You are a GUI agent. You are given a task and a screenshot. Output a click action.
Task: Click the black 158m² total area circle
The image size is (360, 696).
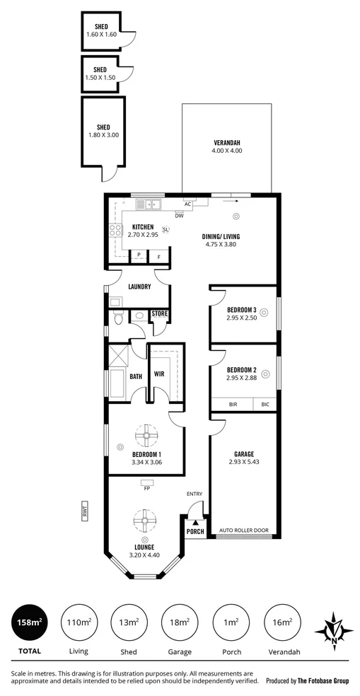coord(28,622)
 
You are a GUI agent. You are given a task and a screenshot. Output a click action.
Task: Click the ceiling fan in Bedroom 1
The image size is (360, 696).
coord(147,434)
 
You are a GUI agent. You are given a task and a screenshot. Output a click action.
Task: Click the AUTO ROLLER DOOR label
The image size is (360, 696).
coord(244,530)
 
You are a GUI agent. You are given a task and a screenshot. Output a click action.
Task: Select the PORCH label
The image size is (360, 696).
coord(195,531)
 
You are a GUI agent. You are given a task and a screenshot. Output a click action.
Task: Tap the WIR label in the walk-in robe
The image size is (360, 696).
coord(159,375)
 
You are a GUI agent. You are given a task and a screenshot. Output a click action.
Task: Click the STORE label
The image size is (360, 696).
coord(160,313)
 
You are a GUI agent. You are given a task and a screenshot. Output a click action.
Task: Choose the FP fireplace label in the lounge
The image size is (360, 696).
coord(147,488)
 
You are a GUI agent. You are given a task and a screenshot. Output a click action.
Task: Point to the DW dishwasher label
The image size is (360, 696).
coord(180,215)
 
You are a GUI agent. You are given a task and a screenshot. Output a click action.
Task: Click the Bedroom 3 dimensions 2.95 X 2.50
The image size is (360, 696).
coord(242,318)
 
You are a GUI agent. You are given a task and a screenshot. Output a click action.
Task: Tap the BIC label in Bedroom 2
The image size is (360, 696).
coord(265,405)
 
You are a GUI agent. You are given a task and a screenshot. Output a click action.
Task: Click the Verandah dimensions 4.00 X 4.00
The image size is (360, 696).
coord(227,151)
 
